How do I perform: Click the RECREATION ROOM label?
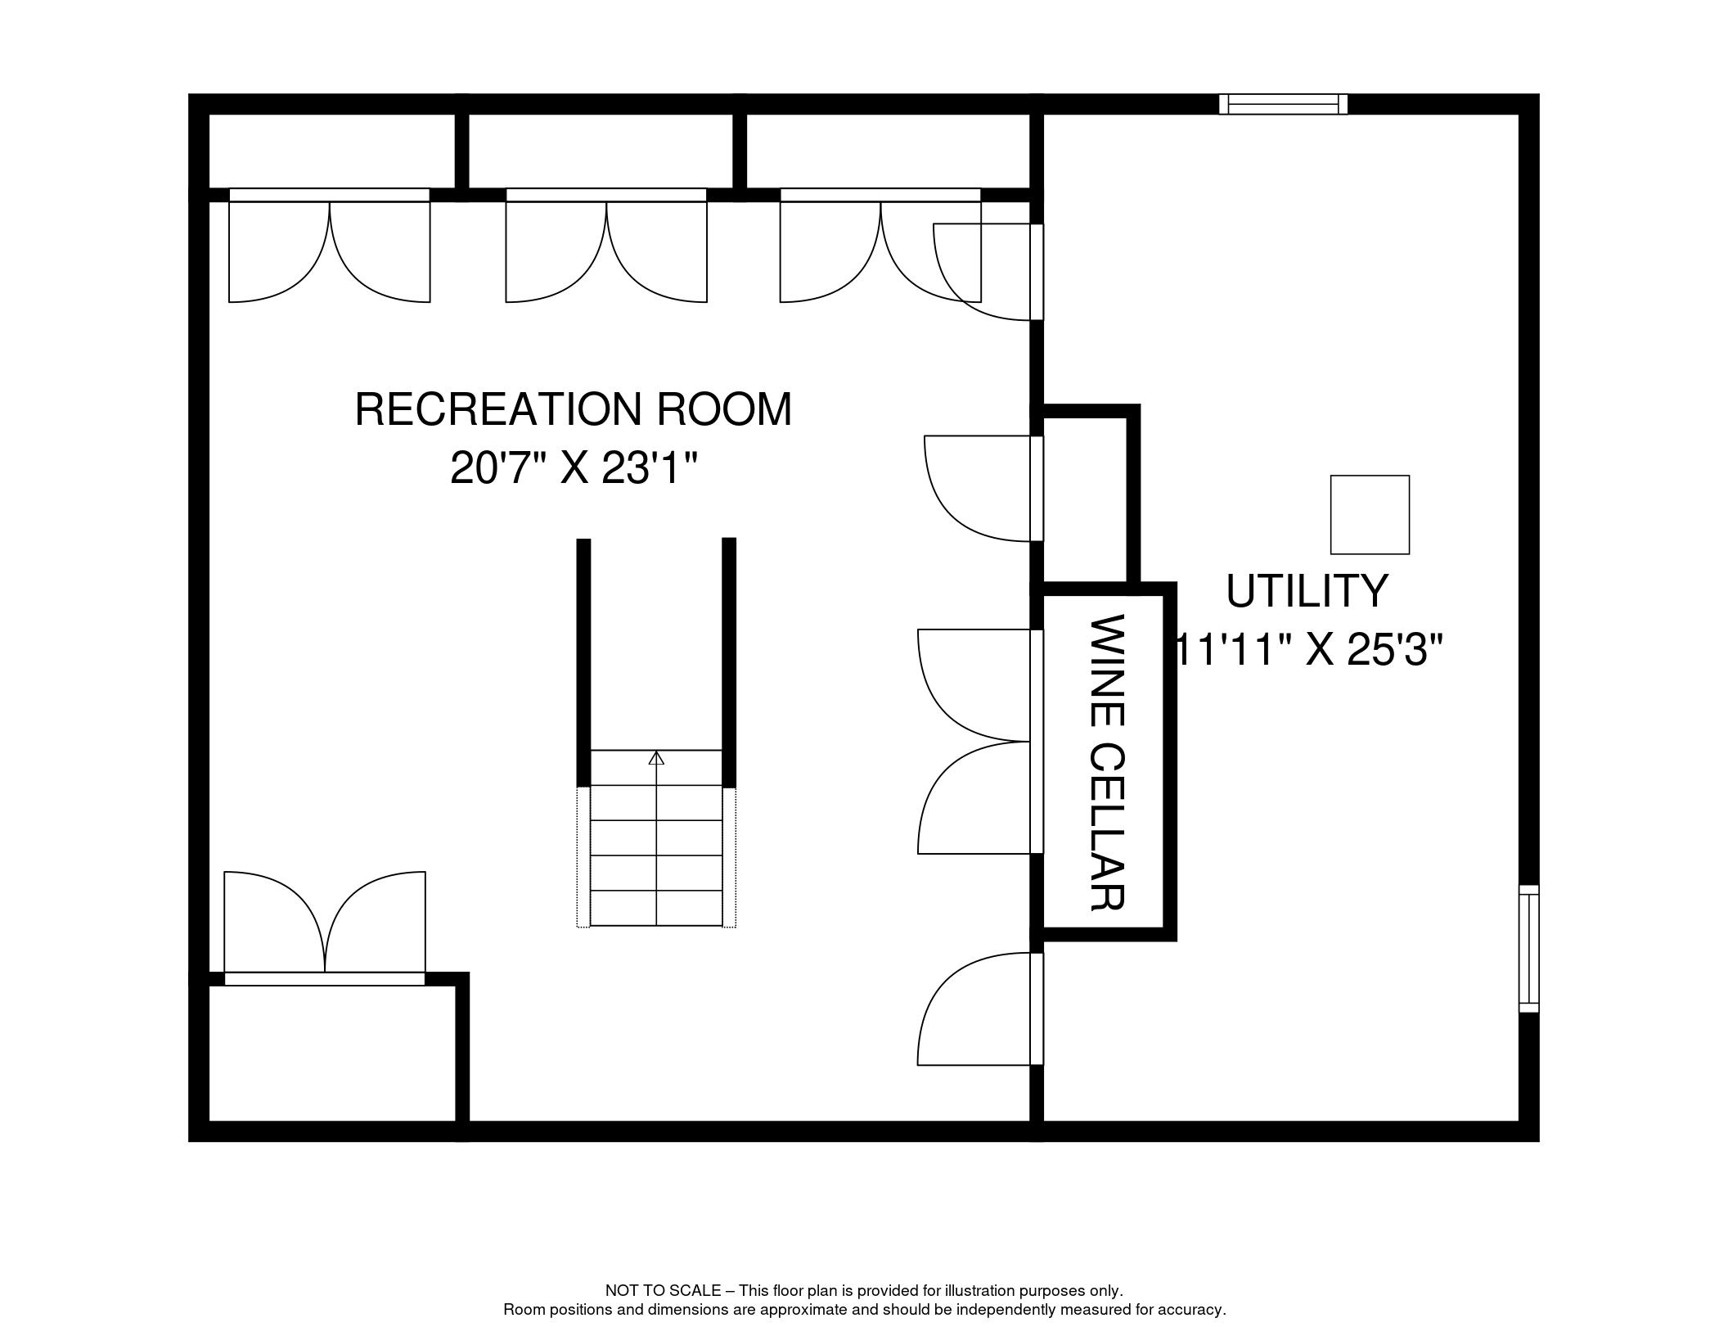(x=573, y=409)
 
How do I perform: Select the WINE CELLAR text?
(x=1108, y=762)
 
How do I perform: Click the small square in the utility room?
(x=1370, y=514)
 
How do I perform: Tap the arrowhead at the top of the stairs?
(x=656, y=758)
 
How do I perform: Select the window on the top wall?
(x=1283, y=104)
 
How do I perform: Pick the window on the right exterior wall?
(x=1528, y=948)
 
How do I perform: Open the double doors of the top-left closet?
(x=329, y=246)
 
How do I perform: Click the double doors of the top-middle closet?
(x=606, y=246)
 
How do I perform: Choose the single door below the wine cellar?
(x=980, y=1009)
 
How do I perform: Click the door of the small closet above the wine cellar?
(x=983, y=488)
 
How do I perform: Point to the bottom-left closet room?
(x=331, y=1053)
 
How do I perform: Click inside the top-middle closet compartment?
(x=601, y=151)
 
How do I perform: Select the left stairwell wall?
(x=583, y=662)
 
